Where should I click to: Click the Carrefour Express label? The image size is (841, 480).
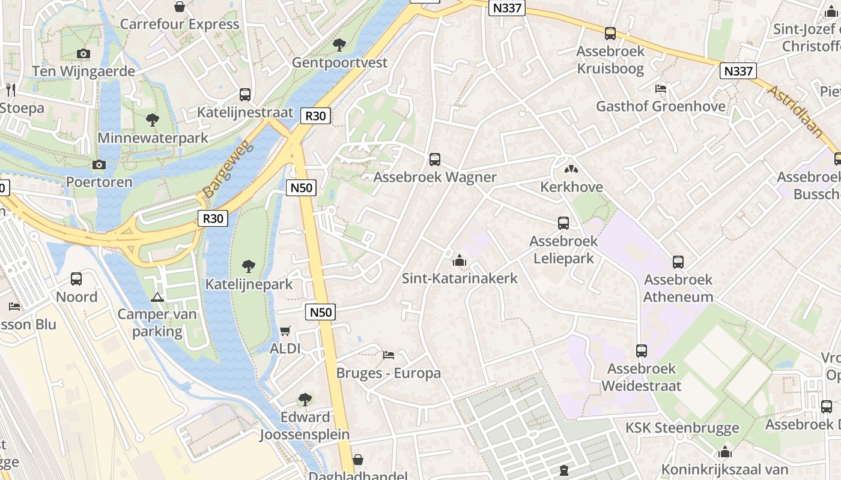point(180,25)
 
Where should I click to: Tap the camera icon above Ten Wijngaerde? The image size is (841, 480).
point(83,53)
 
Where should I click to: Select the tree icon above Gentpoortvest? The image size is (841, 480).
point(339,44)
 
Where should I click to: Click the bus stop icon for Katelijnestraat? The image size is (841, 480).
point(245,94)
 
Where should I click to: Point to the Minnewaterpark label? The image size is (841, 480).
point(153,138)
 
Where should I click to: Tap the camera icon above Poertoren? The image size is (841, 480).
point(99,164)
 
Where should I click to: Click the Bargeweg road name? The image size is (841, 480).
point(229,170)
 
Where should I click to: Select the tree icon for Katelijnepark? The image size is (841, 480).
point(249,266)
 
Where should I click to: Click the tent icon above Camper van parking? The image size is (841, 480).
point(157,296)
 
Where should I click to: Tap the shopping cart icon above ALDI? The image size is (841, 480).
point(285,331)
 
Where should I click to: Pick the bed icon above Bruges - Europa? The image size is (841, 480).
point(389,355)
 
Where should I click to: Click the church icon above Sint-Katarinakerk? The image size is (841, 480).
point(460,260)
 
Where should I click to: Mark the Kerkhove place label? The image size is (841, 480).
point(571,187)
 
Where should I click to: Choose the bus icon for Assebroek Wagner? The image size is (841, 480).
point(435,160)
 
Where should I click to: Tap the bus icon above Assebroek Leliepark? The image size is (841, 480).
point(563,223)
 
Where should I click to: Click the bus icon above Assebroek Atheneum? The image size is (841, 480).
point(678,262)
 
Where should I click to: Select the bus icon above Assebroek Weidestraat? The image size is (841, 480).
point(642,350)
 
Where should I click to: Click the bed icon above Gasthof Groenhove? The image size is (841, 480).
point(661,89)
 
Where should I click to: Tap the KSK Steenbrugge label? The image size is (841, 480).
point(682,428)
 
